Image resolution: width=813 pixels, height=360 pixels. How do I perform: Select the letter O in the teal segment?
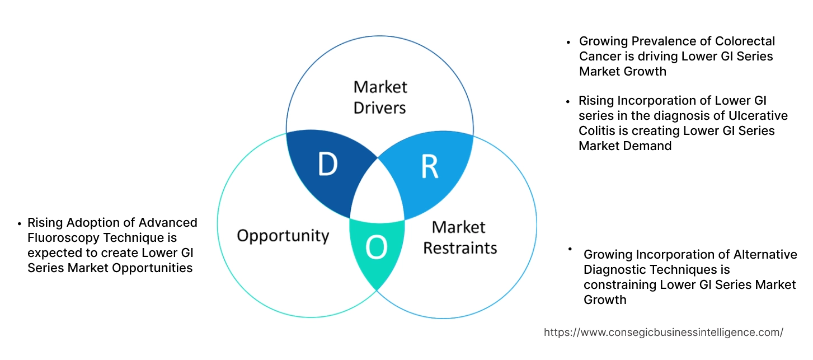376,248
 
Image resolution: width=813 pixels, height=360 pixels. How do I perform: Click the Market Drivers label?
380,97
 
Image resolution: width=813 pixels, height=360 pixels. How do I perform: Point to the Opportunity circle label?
283,235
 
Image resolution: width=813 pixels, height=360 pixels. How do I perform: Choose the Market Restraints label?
459,237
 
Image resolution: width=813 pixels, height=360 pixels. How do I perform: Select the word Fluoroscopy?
60,237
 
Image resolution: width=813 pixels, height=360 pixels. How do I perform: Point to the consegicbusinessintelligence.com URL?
663,332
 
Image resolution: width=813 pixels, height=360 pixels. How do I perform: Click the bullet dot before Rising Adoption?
20,223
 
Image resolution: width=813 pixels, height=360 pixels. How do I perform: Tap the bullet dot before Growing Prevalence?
569,41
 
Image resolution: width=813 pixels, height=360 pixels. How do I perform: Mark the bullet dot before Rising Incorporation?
569,101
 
